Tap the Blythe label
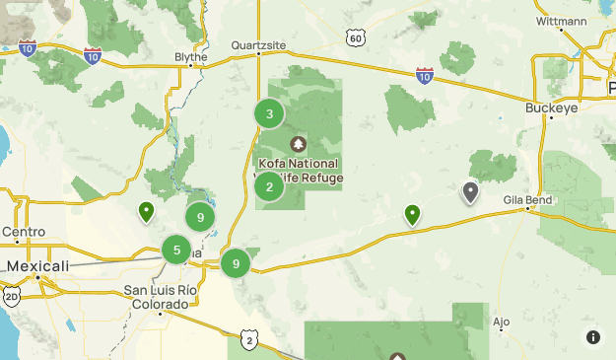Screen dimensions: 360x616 190,57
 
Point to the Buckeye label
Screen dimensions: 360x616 551,108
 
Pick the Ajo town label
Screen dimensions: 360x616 502,322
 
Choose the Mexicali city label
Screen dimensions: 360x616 37,266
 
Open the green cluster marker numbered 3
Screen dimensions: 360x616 269,114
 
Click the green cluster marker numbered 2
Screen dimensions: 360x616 269,186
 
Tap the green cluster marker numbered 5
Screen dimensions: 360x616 176,250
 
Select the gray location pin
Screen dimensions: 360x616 470,191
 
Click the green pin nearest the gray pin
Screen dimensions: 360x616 412,213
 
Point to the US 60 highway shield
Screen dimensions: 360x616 356,37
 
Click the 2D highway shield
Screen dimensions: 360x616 12,296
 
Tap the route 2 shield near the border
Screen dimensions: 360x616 250,341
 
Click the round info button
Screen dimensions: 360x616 593,337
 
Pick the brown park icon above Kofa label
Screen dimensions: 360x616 298,143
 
